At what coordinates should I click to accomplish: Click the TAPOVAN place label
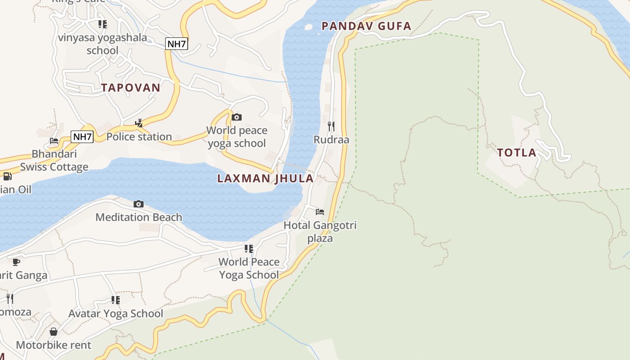coord(130,88)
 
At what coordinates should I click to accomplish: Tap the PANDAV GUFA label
coord(366,26)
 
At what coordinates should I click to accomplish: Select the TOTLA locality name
coord(517,153)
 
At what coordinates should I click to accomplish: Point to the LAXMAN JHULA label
coord(265,178)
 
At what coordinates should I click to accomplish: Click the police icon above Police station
coord(139,123)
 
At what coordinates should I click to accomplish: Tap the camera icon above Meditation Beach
coord(139,204)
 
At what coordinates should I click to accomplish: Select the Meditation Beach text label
coord(139,217)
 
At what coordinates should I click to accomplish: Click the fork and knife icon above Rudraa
coord(331,126)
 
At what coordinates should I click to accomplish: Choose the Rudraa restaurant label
coord(331,139)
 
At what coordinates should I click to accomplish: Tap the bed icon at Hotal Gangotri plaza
coord(320,211)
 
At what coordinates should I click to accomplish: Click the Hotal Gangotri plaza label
coord(320,231)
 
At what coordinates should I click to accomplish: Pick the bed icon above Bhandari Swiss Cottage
coord(54,140)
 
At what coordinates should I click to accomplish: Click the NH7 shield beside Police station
coord(82,137)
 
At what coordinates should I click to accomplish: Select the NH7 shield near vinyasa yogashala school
coord(176,44)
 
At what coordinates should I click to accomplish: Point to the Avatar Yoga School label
coord(116,314)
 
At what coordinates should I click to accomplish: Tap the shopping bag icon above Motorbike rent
coord(54,332)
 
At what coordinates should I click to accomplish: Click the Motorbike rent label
coord(54,345)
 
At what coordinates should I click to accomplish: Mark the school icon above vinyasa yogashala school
coord(103,24)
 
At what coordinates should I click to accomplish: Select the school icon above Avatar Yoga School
coord(116,300)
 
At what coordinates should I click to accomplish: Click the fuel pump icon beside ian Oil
coord(7,176)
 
